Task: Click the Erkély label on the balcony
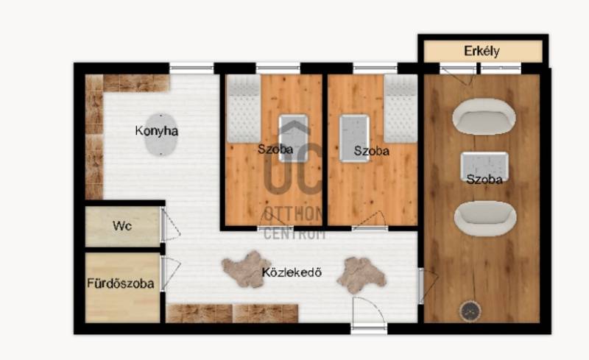tap(482, 51)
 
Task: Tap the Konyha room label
tap(156, 131)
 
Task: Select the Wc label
tap(122, 226)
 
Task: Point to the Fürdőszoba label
tap(120, 283)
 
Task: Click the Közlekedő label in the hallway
tap(292, 272)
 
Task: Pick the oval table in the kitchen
tap(161, 135)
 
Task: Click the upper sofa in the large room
tap(484, 116)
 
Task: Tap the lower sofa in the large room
tap(485, 219)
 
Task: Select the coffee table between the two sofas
tap(484, 167)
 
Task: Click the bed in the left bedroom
tap(244, 109)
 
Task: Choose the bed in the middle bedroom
tap(401, 109)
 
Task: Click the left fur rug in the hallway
tap(246, 269)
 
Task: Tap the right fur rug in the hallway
tap(361, 275)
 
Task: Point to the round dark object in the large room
tap(470, 311)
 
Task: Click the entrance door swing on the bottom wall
tap(369, 313)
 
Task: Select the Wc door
tap(170, 225)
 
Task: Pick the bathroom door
tap(170, 274)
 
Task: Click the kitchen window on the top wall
tap(191, 68)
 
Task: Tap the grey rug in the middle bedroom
tap(355, 138)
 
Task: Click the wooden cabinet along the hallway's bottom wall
tap(232, 314)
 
